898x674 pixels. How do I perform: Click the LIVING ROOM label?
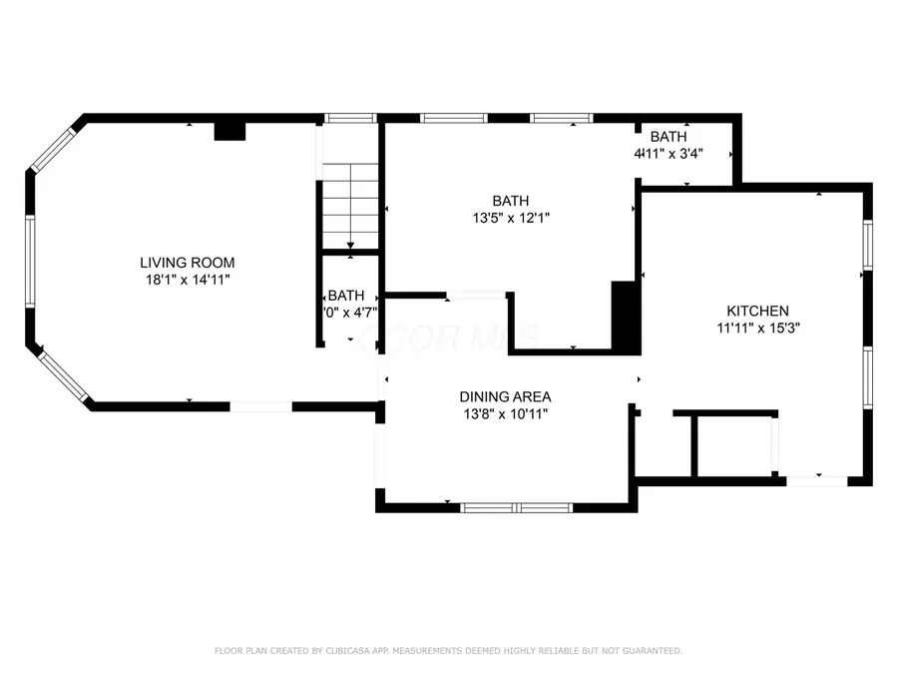click(x=188, y=263)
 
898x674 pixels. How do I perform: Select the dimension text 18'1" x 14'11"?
click(x=188, y=281)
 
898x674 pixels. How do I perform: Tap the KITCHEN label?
click(x=757, y=311)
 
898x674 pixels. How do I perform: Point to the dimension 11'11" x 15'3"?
click(x=757, y=328)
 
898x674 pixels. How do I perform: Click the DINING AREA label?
click(x=505, y=396)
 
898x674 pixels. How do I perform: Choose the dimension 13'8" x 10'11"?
click(x=505, y=413)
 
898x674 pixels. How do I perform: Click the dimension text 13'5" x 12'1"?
click(x=510, y=217)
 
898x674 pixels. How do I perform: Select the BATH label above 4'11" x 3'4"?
click(x=668, y=136)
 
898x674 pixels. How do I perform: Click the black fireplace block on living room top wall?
click(x=230, y=130)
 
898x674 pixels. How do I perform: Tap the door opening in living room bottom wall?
click(x=260, y=406)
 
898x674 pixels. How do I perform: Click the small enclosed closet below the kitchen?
click(x=733, y=445)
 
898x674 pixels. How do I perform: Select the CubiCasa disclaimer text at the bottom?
click(x=449, y=651)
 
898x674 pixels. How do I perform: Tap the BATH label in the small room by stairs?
click(x=346, y=296)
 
